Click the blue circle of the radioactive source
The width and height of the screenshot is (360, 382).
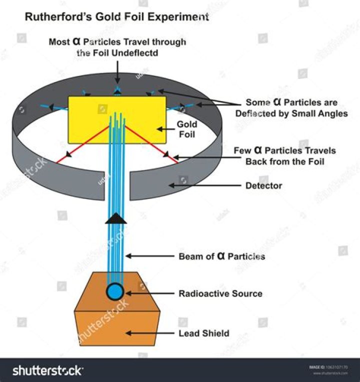pyautogui.click(x=115, y=292)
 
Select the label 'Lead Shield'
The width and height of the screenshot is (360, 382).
pyautogui.click(x=204, y=333)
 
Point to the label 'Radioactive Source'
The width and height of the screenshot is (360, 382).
pyautogui.click(x=220, y=293)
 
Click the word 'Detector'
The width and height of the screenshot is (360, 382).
pyautogui.click(x=263, y=185)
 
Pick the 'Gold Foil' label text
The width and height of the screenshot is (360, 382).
pyautogui.click(x=187, y=129)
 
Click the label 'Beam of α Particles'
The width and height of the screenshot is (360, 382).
pyautogui.click(x=222, y=256)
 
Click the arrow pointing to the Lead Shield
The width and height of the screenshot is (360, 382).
pyautogui.click(x=150, y=333)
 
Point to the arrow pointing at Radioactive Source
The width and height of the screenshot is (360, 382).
pyautogui.click(x=150, y=293)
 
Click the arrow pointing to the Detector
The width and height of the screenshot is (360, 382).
pyautogui.click(x=205, y=185)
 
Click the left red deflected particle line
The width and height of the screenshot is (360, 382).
pyautogui.click(x=82, y=144)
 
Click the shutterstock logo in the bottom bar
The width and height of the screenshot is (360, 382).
pyautogui.click(x=47, y=371)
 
